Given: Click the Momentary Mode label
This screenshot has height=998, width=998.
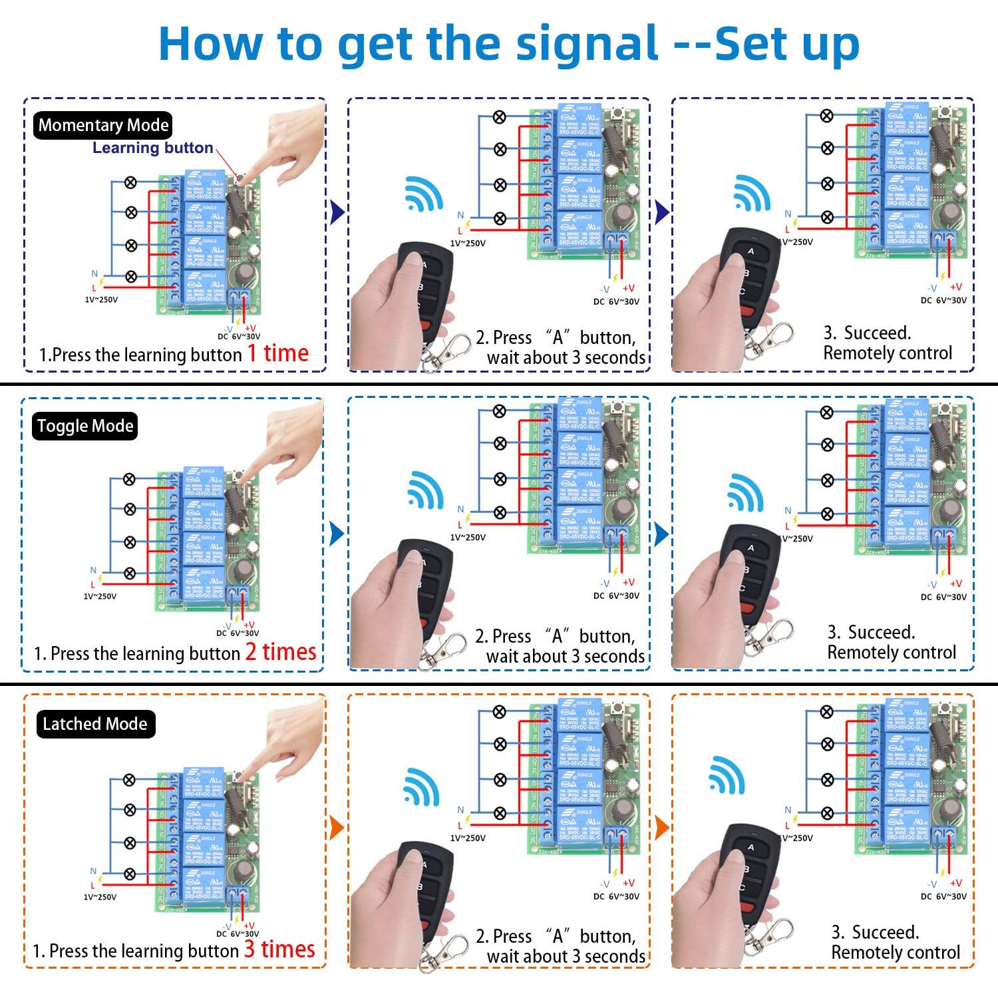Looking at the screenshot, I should (103, 125).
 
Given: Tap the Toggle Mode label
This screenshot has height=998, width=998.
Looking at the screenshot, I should (85, 426).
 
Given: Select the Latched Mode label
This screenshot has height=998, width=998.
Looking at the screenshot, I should (94, 724).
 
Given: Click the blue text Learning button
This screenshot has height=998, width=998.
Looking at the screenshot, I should (152, 148).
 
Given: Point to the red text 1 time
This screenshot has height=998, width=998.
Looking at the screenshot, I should (278, 353).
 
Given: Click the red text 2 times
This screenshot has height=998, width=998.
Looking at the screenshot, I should (280, 652).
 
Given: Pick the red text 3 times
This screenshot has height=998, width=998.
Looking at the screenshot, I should (279, 949).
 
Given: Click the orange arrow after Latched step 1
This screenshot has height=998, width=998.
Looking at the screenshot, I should (337, 828).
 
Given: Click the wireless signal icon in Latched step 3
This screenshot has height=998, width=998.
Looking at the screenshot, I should (727, 774).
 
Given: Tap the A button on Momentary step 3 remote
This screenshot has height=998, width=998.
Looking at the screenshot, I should (750, 251).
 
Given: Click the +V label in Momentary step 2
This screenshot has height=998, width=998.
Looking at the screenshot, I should (628, 288).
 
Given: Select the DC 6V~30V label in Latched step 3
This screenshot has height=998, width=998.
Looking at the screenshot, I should (943, 896).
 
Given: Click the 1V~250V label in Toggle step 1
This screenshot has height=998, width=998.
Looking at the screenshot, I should (100, 596).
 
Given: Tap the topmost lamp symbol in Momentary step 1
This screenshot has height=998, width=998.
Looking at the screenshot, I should (131, 182).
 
